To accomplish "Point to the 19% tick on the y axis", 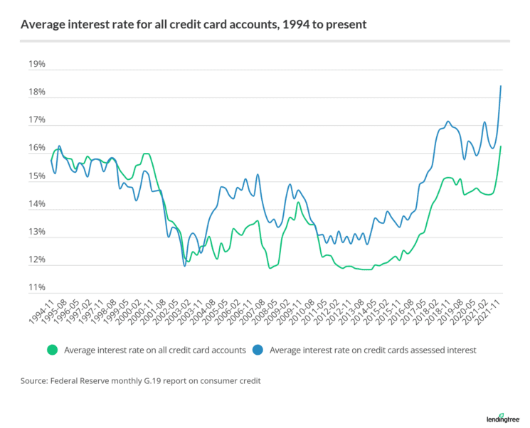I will point(37,65).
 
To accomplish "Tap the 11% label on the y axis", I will point(37,288).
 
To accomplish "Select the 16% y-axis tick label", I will point(37,149).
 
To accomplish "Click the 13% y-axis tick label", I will point(37,232).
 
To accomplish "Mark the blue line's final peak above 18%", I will point(501,87).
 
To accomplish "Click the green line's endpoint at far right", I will point(501,146).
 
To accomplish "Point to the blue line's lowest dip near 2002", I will point(185,265).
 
